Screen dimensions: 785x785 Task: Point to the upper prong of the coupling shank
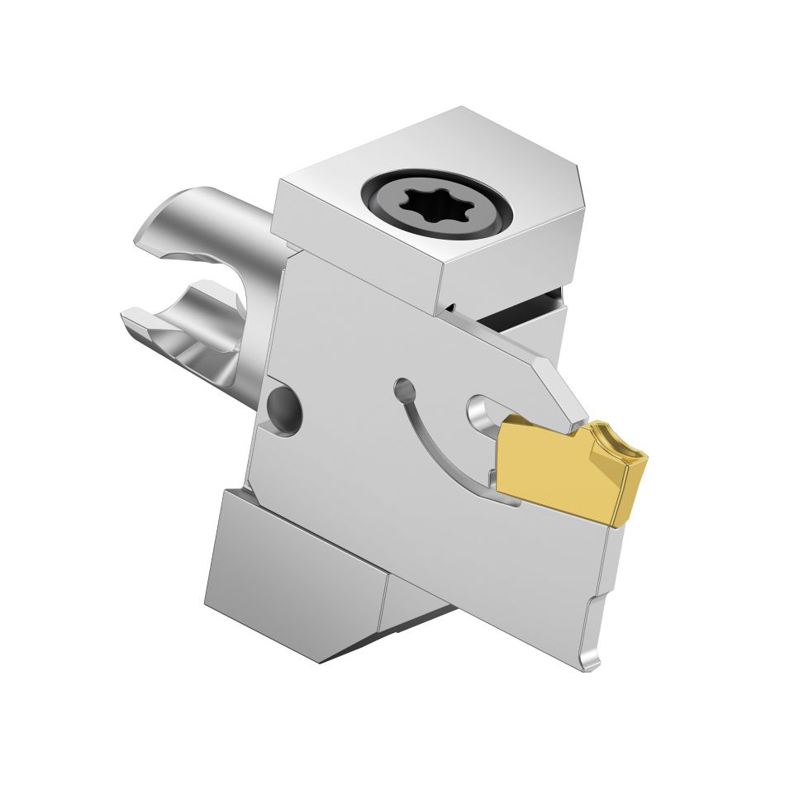pyautogui.click(x=190, y=223)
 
